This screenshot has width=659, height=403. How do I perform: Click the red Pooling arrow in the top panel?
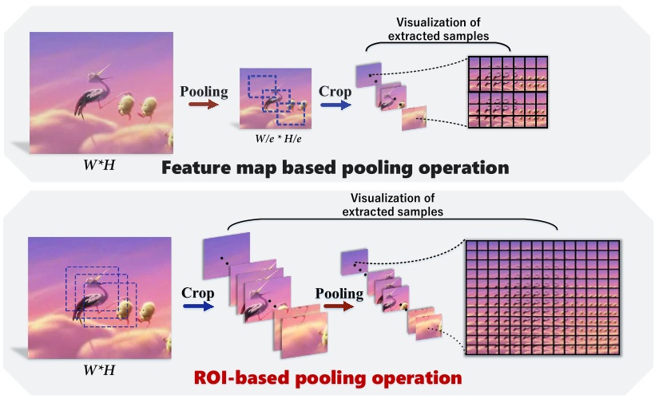click(x=204, y=104)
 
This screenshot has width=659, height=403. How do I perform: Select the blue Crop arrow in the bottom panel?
click(x=198, y=306)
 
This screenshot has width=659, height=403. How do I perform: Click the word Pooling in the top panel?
click(x=204, y=91)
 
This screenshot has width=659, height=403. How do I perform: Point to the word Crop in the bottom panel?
click(x=198, y=293)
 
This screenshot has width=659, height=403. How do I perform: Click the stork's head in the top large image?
click(x=97, y=75)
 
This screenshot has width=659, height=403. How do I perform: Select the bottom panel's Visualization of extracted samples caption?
click(x=392, y=207)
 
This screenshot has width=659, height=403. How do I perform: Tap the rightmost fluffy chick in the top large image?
click(x=149, y=108)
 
